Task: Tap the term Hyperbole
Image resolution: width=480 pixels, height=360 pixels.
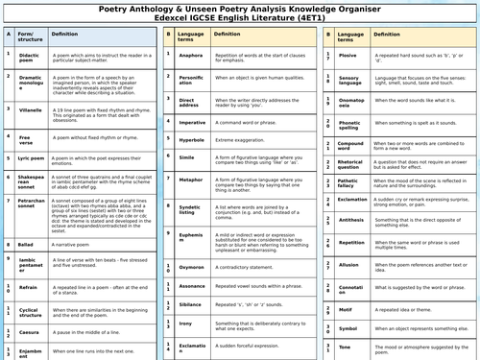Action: click(192, 139)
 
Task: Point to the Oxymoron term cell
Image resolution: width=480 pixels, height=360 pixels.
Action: click(192, 267)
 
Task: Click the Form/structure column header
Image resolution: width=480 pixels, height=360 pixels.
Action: click(32, 36)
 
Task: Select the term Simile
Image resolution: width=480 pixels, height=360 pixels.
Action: click(189, 157)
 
